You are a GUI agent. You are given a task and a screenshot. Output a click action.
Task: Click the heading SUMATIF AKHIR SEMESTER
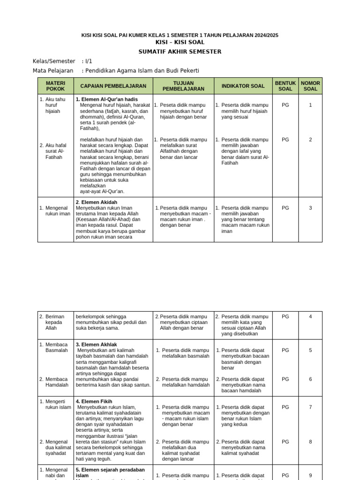point(180,52)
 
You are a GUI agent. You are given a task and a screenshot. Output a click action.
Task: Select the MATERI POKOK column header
point(55,86)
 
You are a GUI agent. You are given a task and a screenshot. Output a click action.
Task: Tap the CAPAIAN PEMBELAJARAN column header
point(113,86)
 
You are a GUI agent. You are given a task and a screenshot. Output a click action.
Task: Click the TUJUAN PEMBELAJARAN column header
point(183,86)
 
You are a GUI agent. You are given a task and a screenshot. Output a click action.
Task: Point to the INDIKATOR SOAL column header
point(243,86)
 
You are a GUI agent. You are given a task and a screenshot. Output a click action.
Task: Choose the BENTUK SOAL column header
point(285,86)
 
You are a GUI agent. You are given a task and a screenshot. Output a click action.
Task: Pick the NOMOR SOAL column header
point(310,86)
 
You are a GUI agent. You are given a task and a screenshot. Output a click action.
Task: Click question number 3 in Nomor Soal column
point(310,208)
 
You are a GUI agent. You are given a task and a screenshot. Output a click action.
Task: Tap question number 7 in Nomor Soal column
point(310,407)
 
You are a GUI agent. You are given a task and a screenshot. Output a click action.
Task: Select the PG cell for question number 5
point(285,350)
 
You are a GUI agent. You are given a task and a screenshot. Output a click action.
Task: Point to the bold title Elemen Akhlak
point(96,345)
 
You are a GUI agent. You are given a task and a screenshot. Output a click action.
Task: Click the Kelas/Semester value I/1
point(89,61)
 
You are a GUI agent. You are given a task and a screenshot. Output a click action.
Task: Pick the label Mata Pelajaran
point(52,70)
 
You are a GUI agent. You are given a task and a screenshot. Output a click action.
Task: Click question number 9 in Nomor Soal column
point(310,475)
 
